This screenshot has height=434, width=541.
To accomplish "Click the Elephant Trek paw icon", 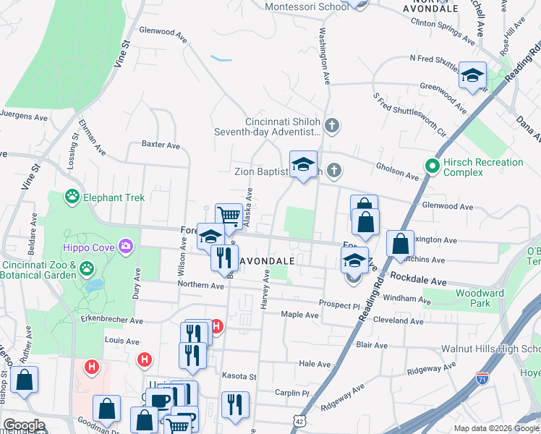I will pyautogui.click(x=72, y=196).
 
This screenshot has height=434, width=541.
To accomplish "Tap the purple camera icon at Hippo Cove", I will pyautogui.click(x=127, y=247).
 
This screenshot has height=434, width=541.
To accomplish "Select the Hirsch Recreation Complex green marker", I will pyautogui.click(x=433, y=166).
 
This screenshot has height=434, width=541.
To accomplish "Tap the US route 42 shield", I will pyautogui.click(x=299, y=420).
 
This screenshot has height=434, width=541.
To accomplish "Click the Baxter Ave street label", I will pyautogui.click(x=161, y=145).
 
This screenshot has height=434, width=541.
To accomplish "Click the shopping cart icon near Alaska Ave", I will pyautogui.click(x=229, y=216).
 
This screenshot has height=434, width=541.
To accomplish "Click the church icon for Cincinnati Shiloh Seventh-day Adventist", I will pyautogui.click(x=332, y=127).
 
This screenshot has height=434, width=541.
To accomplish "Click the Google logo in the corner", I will pyautogui.click(x=24, y=425).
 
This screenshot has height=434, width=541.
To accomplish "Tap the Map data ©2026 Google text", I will pyautogui.click(x=495, y=428).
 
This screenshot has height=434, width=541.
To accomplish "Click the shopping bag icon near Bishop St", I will pyautogui.click(x=24, y=380).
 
